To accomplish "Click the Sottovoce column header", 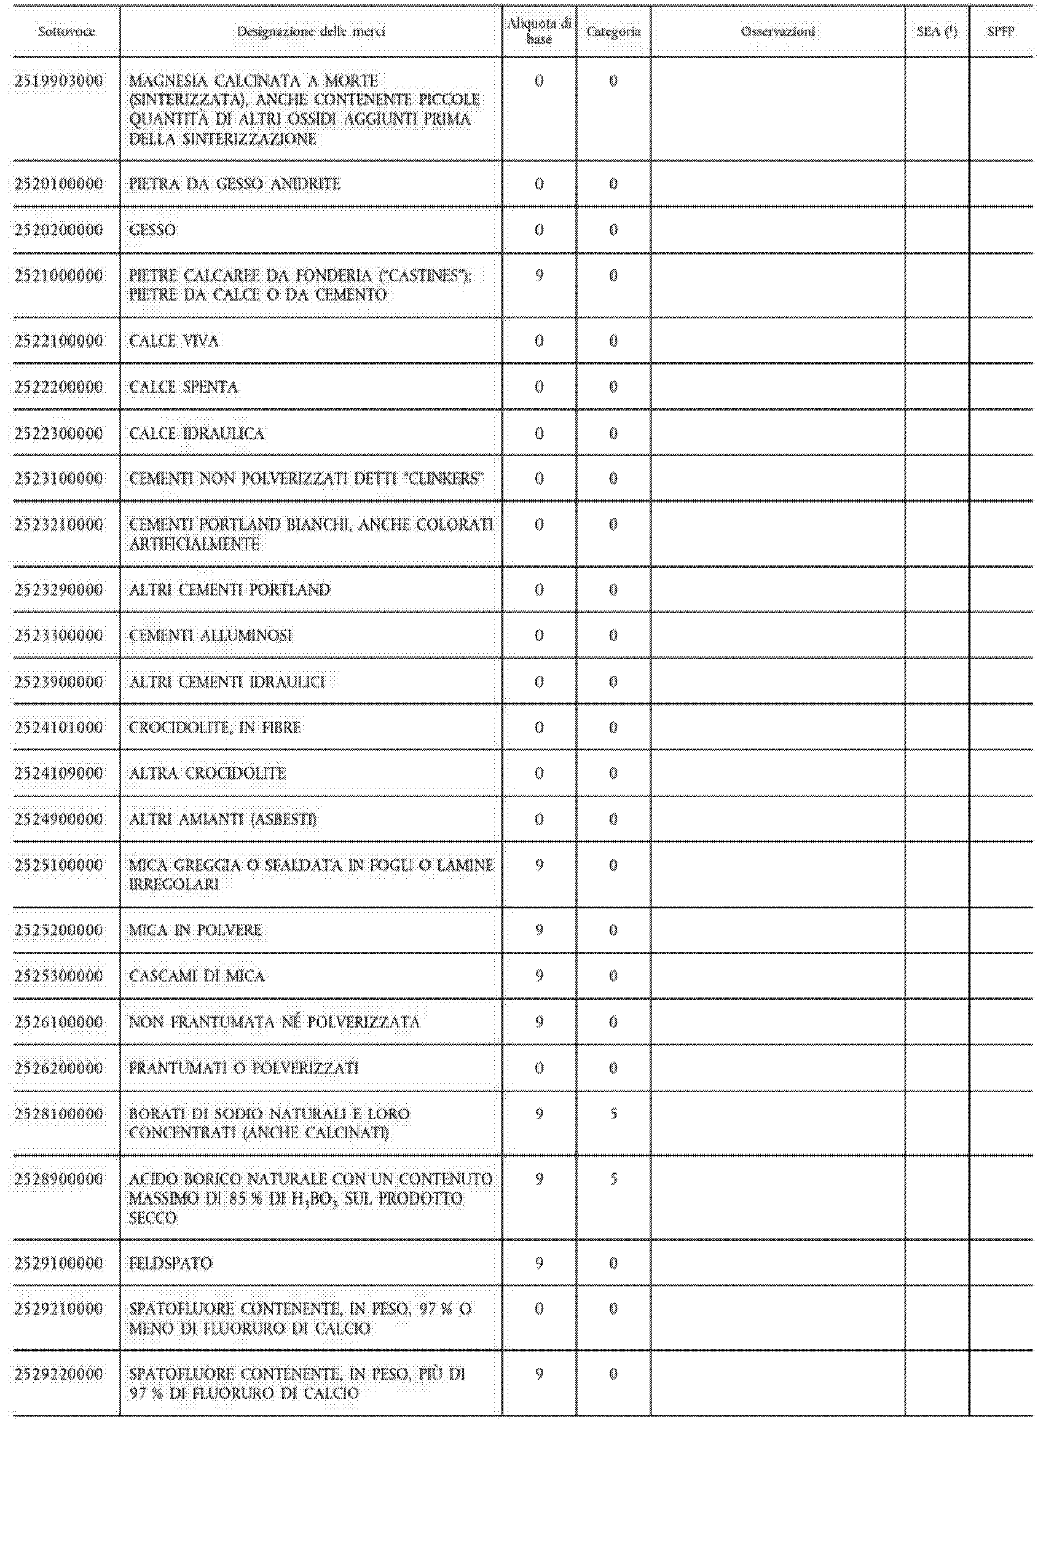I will point(66,31).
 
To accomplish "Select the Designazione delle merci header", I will point(311,31).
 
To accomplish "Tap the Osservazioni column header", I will point(778,31).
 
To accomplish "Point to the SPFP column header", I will point(1001,31).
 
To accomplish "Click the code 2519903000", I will point(59,81).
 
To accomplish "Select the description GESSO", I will point(153,230).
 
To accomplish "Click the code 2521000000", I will point(59,275).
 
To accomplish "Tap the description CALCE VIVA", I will point(173,341).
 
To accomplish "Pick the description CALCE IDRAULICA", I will point(197,433).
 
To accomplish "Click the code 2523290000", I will point(59,589).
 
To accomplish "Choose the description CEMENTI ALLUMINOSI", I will point(211,635).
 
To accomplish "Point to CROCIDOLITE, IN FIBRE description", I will point(215,728).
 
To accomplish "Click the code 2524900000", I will point(59,819).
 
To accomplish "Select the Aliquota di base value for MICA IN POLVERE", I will point(539,930).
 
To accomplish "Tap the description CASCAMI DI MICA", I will point(197,977).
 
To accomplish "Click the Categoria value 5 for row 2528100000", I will point(613,1114).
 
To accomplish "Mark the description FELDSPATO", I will point(171,1263).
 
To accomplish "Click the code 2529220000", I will point(59,1374).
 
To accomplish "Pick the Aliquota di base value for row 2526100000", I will point(539,1021).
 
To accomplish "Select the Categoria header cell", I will point(613,31).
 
